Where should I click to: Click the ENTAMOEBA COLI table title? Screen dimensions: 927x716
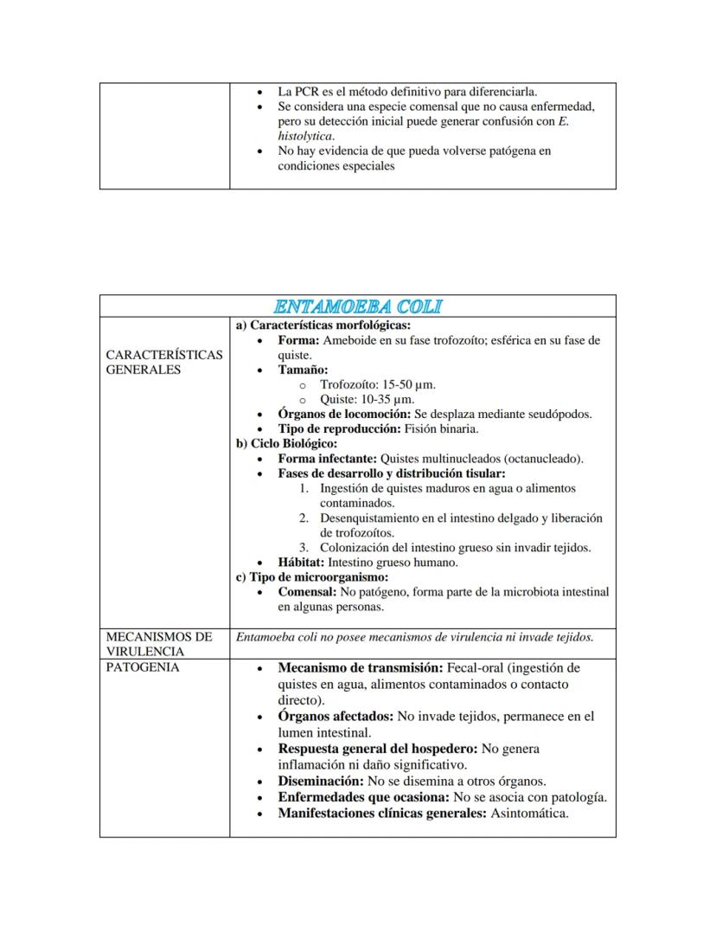358,306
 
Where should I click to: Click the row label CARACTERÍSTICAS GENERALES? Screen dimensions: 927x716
163,362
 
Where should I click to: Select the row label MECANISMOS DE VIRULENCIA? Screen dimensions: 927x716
158,644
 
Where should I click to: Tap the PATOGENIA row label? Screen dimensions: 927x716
142,667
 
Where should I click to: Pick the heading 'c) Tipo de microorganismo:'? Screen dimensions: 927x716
312,576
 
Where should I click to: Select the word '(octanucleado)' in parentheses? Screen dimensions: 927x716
543,458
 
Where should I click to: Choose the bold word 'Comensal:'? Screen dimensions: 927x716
307,592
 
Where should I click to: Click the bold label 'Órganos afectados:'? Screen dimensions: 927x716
336,717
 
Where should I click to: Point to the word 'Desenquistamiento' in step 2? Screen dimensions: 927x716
368,518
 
